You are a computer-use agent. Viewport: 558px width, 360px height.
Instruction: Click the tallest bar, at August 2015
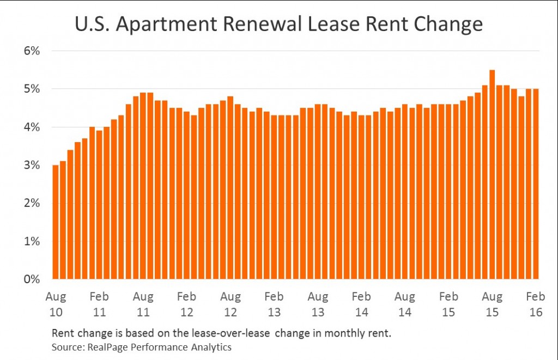point(492,174)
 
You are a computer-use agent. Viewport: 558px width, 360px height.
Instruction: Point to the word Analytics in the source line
point(213,347)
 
